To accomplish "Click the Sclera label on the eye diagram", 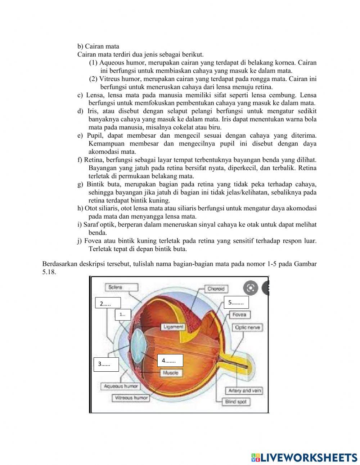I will (121, 287).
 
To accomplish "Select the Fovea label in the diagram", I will (239, 314).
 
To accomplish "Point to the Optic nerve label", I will (247, 327).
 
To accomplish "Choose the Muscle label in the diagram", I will (170, 373).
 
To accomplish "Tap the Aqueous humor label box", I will (121, 386).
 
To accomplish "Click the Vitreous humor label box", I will (131, 398).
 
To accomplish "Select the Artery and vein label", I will (244, 390).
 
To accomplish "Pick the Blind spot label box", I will (236, 401).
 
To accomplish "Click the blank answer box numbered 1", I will (123, 314).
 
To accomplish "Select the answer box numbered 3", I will (106, 364).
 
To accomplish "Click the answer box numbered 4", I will (170, 360).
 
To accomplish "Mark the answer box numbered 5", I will (236, 303).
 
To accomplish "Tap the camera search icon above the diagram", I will (251, 287).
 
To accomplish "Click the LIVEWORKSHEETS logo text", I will (309, 457).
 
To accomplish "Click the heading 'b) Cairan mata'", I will (98, 46).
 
